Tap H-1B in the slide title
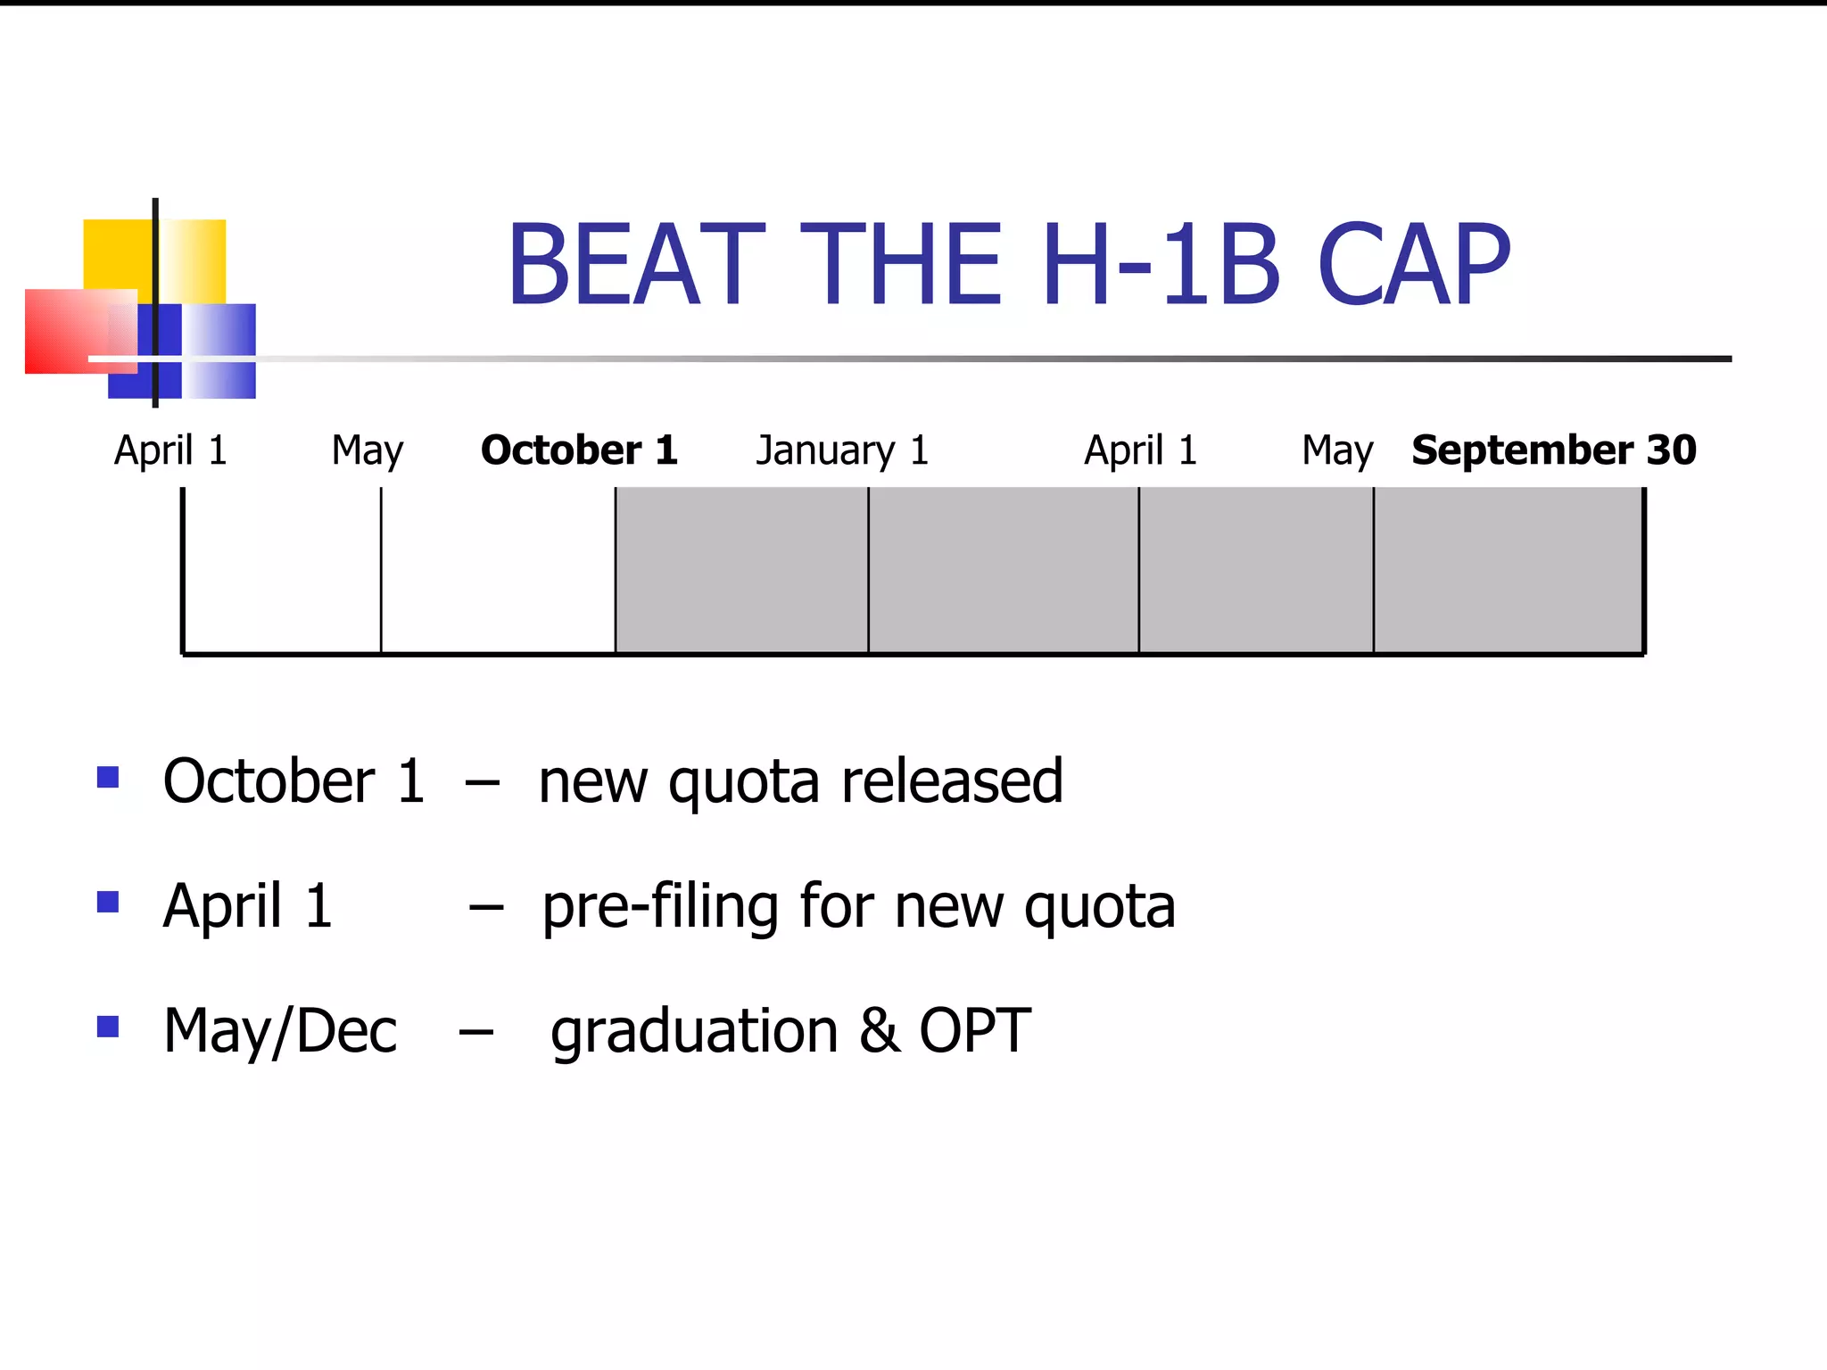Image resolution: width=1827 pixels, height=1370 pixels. [1161, 265]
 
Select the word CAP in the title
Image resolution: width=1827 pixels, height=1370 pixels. [1413, 265]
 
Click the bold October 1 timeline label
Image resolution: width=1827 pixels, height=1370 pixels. [579, 450]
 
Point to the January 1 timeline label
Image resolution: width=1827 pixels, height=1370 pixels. [842, 450]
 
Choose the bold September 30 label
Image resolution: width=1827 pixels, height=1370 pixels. [1553, 450]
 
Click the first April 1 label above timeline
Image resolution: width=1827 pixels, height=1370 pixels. [170, 450]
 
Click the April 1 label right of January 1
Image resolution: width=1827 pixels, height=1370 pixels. [1140, 450]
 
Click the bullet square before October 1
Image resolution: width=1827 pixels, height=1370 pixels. [108, 778]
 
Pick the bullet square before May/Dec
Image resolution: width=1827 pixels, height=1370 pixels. [108, 1027]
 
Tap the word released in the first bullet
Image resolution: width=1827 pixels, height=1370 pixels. [952, 781]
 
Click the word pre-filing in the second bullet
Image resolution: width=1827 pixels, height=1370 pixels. [660, 907]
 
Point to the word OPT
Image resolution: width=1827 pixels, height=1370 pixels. [974, 1031]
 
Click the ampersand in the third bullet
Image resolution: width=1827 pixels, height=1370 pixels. [879, 1031]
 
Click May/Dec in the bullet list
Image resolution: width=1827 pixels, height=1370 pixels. [280, 1032]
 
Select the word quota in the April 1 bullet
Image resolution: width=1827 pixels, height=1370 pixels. [1099, 909]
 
